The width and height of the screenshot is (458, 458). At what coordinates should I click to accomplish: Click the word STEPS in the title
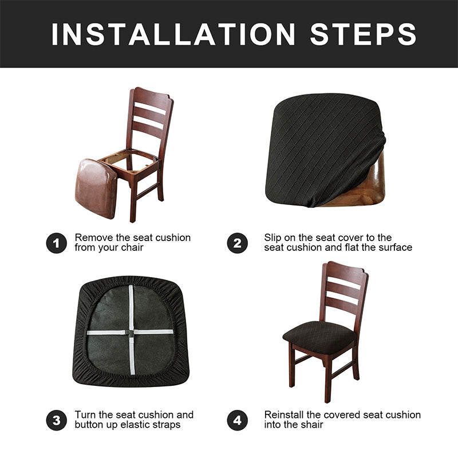[x=363, y=34]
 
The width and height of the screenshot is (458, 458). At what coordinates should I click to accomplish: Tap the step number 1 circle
[x=56, y=243]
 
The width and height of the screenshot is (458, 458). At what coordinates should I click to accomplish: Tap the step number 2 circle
[x=237, y=243]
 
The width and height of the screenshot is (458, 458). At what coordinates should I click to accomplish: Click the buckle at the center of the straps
[x=131, y=331]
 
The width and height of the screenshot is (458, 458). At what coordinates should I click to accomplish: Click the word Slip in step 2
[x=273, y=238]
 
